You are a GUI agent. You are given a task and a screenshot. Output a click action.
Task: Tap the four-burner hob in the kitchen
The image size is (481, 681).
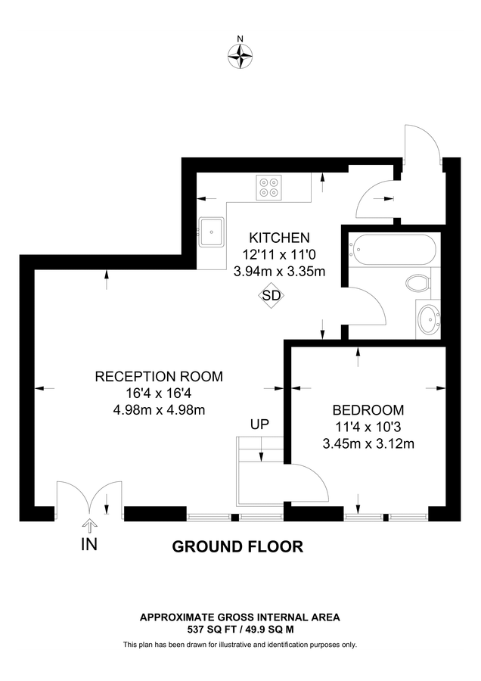(268, 187)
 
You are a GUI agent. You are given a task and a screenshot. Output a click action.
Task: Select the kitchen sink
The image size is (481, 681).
(211, 230)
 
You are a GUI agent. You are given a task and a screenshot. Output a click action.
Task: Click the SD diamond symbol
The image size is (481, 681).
(270, 296)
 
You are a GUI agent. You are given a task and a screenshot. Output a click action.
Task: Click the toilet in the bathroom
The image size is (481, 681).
(417, 283)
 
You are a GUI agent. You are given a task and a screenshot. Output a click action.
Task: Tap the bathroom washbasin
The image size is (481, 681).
(429, 321)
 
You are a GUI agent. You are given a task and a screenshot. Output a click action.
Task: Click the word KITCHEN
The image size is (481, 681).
(279, 238)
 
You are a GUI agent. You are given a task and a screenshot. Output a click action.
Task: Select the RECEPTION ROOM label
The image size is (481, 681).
(159, 376)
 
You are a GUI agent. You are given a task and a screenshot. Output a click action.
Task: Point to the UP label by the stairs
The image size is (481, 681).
(259, 424)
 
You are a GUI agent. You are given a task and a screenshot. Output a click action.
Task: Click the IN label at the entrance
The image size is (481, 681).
(89, 544)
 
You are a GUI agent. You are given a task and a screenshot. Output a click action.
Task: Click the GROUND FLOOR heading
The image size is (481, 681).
(237, 546)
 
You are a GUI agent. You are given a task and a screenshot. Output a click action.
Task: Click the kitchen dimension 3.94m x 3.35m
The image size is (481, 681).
(279, 271)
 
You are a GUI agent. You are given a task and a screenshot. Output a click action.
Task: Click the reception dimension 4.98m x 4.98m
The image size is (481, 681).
(159, 410)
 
